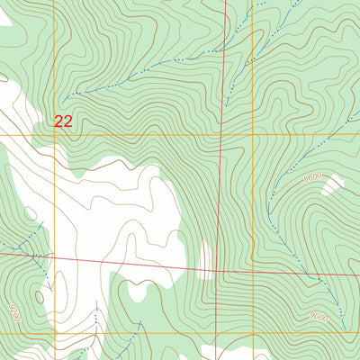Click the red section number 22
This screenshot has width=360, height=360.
point(63,121)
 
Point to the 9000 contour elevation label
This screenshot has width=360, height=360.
point(318,317)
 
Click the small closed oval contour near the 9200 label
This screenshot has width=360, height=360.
point(39,296)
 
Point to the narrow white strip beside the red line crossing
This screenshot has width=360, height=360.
point(206,256)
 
